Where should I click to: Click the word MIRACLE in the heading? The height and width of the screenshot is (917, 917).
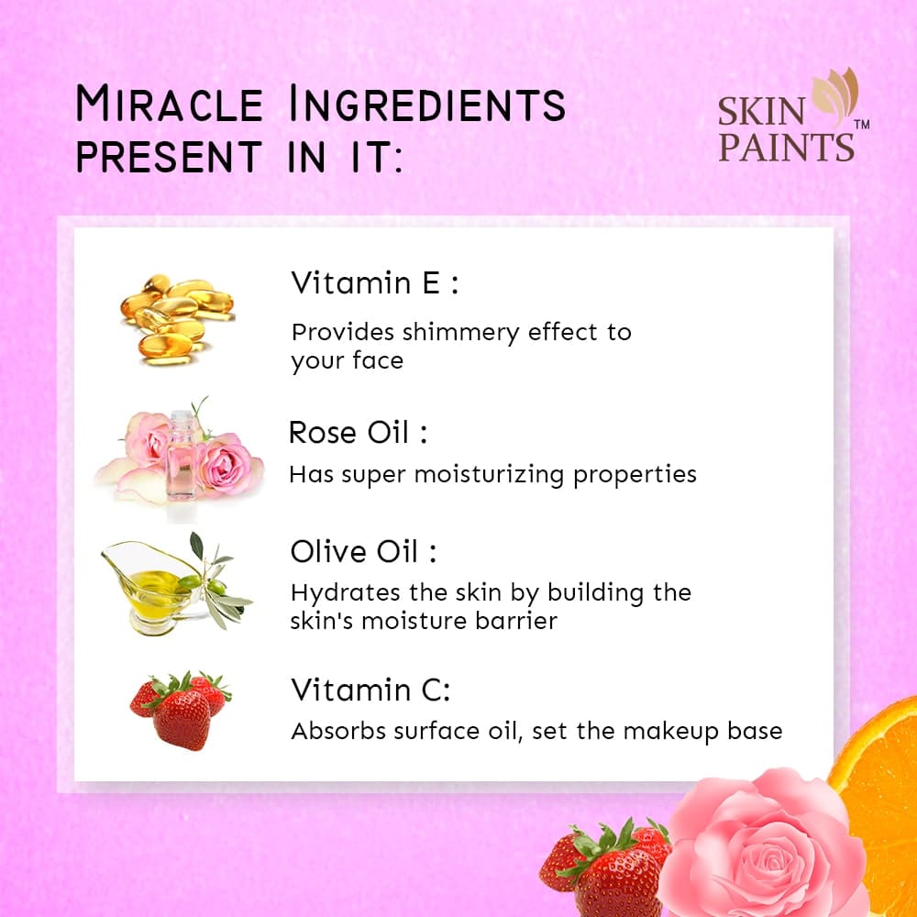click(x=170, y=104)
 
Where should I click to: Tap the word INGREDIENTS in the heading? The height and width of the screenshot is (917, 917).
click(x=427, y=104)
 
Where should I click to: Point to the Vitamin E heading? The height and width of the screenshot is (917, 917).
click(x=374, y=283)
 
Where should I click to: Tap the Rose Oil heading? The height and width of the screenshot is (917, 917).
click(x=358, y=433)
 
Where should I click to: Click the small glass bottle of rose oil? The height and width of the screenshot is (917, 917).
click(x=182, y=456)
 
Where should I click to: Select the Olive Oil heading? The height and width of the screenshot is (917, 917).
click(x=363, y=551)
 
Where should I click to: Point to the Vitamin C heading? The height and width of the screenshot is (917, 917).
click(x=370, y=690)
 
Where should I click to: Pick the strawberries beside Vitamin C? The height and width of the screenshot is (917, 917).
click(x=180, y=710)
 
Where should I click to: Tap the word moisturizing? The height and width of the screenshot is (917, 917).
click(x=489, y=474)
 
